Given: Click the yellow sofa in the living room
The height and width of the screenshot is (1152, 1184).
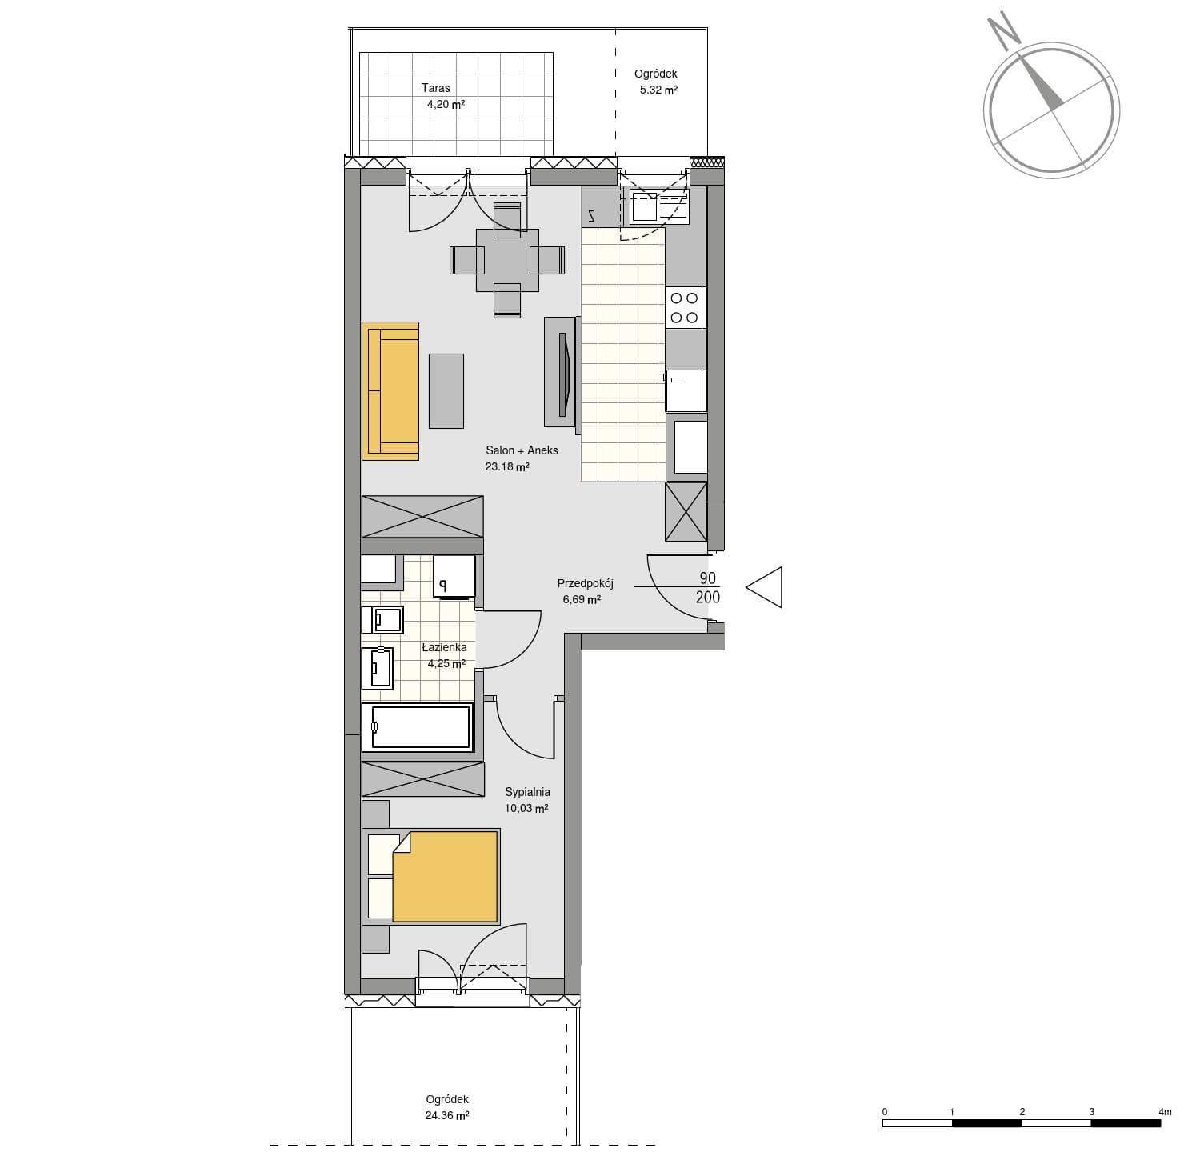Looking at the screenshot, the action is pos(390,390).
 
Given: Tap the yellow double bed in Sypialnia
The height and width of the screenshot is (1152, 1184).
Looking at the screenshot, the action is pos(433,877).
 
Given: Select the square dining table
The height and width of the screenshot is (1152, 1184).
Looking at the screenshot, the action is pos(507,260).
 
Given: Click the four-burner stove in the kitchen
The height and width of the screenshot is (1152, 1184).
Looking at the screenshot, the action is pos(685,308).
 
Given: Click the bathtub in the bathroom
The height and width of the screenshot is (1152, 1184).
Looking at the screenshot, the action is pos(418,727).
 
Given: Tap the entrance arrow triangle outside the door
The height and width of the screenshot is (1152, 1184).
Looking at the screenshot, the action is pos(764,586).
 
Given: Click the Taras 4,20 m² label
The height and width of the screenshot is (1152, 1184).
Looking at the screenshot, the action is pos(442,96).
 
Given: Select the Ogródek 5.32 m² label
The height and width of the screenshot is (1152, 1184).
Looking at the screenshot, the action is pos(657,82).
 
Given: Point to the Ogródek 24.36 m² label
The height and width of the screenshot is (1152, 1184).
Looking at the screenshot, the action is pos(447,1107).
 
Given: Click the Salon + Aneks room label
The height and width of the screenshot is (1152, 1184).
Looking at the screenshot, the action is pos(522,458).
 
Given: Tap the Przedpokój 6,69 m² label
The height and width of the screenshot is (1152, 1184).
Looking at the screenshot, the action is pos(584,591).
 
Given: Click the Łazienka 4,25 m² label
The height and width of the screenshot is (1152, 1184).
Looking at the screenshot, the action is pos(446,655).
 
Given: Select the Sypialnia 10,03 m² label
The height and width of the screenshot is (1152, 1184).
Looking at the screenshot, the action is pos(527,800).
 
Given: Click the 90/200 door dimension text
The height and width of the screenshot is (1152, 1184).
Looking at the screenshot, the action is pos(708,587).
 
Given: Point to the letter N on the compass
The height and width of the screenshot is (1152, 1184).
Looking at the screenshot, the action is pos(1002,30).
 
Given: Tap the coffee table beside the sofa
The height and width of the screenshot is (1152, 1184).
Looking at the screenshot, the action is pos(446,390).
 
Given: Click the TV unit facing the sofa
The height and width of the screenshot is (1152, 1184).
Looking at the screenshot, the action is pos(561,371).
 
